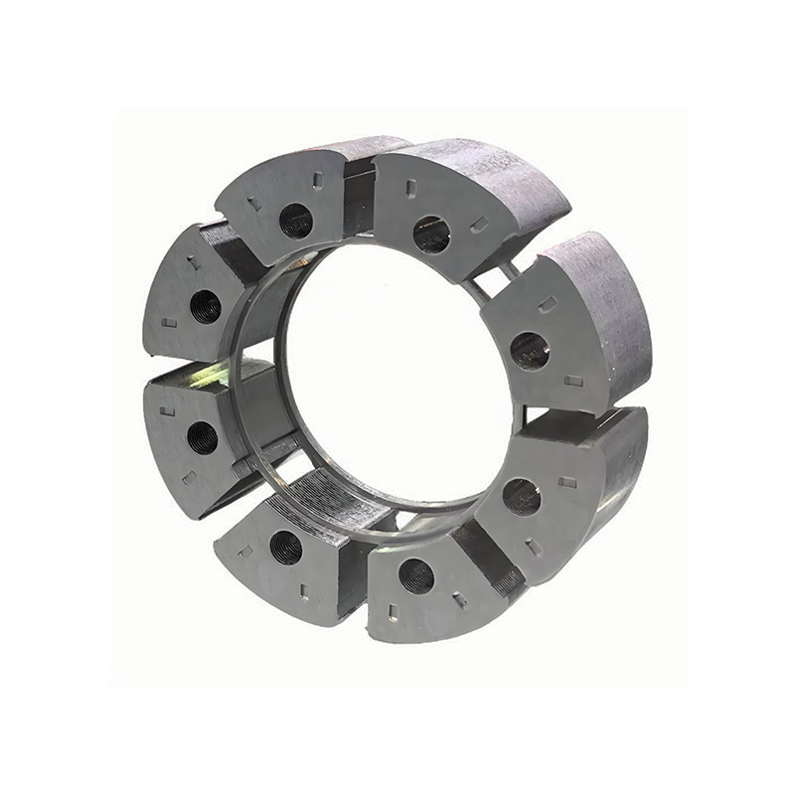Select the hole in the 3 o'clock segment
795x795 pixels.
click(x=529, y=350)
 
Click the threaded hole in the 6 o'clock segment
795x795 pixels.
click(x=415, y=575)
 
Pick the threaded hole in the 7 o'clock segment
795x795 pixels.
click(x=285, y=547)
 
